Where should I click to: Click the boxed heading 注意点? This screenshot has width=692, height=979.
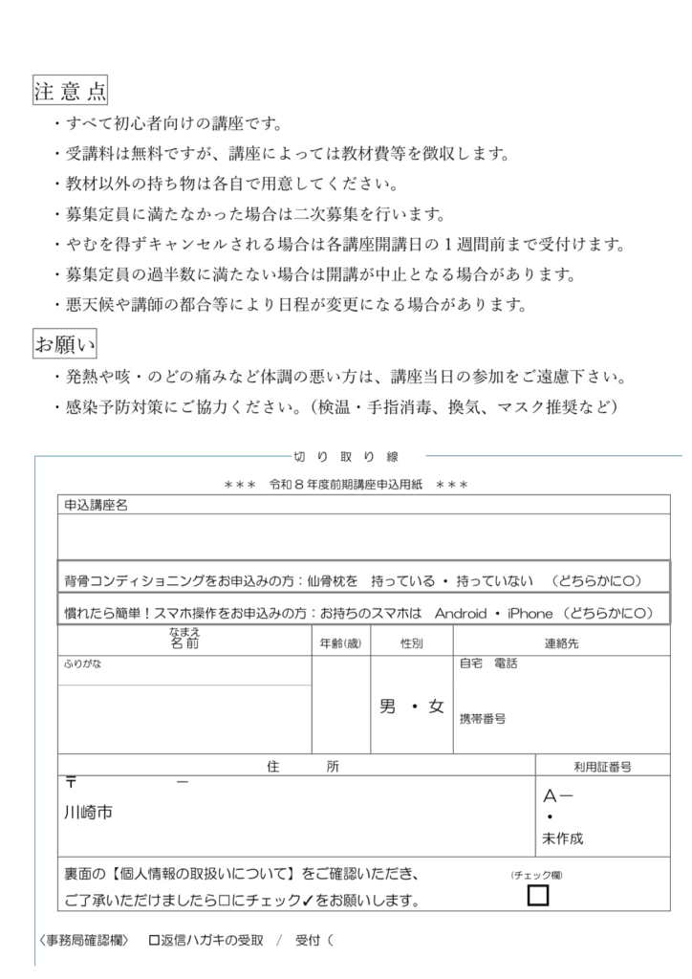pos(70,91)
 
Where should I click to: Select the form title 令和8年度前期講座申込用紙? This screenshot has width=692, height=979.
pos(345,485)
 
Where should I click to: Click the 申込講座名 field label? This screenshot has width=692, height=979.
pos(96,505)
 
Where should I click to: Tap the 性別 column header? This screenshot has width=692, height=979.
pos(412,643)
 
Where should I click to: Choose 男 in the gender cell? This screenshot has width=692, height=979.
pos(387,707)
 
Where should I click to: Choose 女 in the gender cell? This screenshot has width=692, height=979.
pos(436,707)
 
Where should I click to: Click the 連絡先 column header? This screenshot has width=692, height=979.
pos(561,643)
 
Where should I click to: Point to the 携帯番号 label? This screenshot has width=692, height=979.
pos(483,718)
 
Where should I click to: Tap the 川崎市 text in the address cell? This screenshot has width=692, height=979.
pos(87,814)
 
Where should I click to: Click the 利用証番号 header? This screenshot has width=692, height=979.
pos(601,766)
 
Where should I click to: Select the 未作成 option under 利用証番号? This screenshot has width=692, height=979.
pos(562,838)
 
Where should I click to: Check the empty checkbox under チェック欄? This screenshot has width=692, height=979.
pos(538,895)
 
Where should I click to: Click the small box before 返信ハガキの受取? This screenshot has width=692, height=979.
pos(153,940)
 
